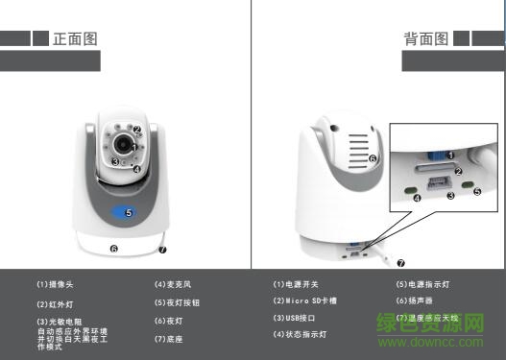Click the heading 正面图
pyautogui.click(x=75, y=39)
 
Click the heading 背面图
pyautogui.click(x=426, y=39)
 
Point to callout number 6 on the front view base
pyautogui.click(x=113, y=249)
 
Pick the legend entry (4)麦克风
pyautogui.click(x=174, y=285)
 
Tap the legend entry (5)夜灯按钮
pyautogui.click(x=179, y=303)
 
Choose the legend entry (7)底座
pyautogui.click(x=171, y=338)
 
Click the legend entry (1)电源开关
pyautogui.click(x=296, y=285)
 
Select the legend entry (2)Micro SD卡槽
pyautogui.click(x=307, y=301)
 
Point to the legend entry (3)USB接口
pyautogui.click(x=294, y=318)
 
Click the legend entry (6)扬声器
pyautogui.click(x=415, y=301)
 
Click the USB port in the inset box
pyautogui.click(x=438, y=181)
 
